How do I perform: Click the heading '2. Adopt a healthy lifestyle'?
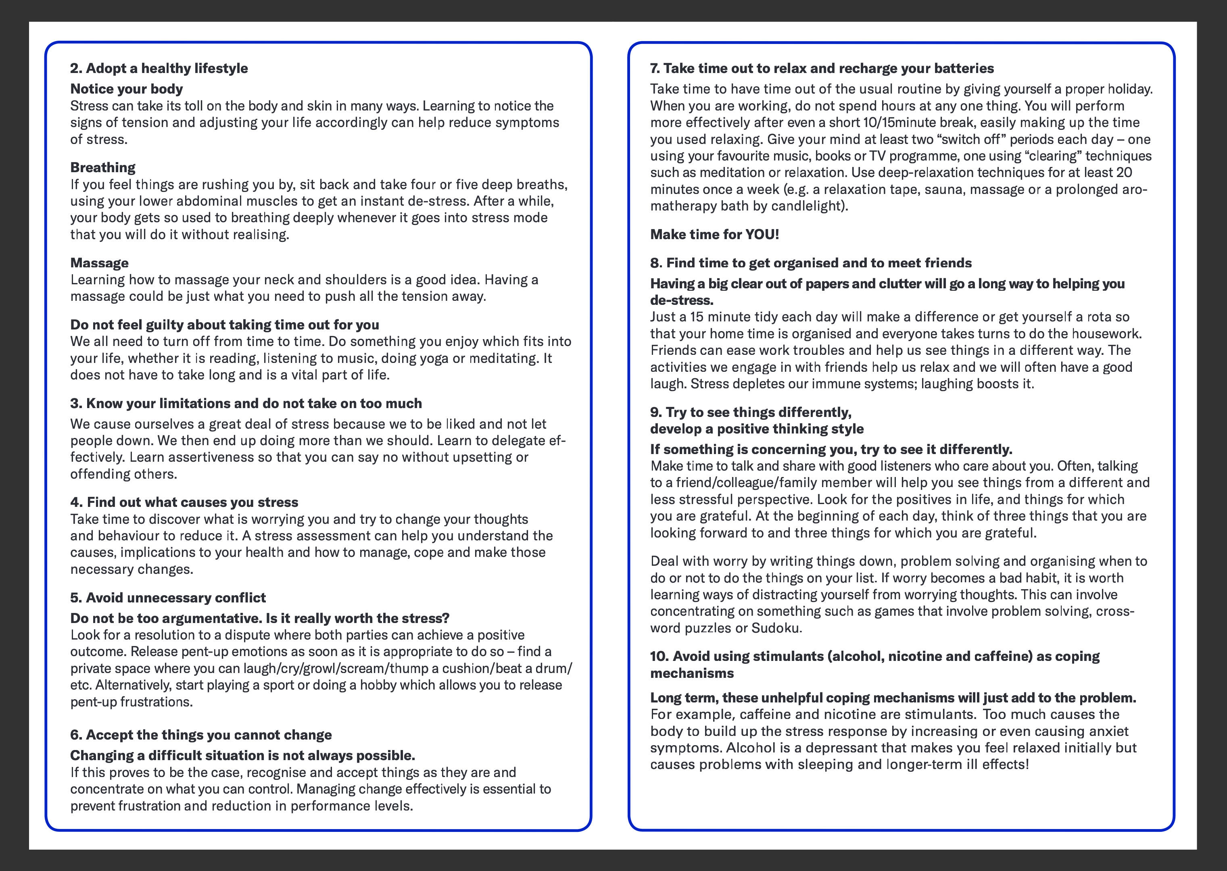pos(159,69)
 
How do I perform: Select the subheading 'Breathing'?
pos(103,167)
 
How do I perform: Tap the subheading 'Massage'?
pos(99,263)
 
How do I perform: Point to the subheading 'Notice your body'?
pos(127,89)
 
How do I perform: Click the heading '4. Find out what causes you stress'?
pos(184,502)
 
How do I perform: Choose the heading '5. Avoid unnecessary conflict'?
pos(168,598)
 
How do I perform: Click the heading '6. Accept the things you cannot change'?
pos(200,735)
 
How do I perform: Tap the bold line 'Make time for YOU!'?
pos(714,234)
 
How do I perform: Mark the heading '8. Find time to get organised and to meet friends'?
pos(811,263)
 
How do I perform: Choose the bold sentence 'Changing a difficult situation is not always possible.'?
pos(242,756)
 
